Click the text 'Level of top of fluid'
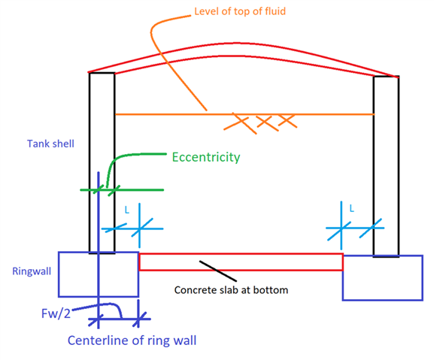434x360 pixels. [x=240, y=11]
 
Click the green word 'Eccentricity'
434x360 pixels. [x=206, y=157]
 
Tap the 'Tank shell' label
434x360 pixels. [x=50, y=144]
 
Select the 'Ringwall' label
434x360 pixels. [x=32, y=271]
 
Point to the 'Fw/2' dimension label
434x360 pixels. [x=56, y=314]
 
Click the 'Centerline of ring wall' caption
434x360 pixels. [x=132, y=340]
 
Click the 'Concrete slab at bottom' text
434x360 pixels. [x=231, y=290]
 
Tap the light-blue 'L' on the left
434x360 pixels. [x=127, y=210]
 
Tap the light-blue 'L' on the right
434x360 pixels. [x=351, y=208]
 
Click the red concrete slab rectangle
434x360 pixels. [x=241, y=254]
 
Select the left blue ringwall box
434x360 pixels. [x=59, y=274]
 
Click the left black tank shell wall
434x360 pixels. [x=90, y=162]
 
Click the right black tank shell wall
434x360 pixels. [x=374, y=166]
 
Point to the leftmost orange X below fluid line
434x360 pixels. [x=240, y=123]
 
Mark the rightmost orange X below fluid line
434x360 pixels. [x=288, y=120]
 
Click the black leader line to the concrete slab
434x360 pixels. [x=218, y=271]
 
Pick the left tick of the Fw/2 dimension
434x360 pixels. [x=96, y=320]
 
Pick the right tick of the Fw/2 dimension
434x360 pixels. [x=139, y=319]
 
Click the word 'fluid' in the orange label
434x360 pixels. [x=275, y=11]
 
